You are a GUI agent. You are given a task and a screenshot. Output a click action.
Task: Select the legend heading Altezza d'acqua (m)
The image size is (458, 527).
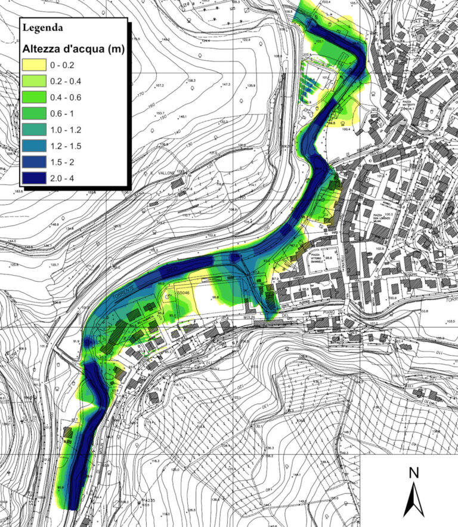click(x=72, y=50)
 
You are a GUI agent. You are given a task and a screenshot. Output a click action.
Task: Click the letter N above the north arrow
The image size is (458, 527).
click(x=413, y=473)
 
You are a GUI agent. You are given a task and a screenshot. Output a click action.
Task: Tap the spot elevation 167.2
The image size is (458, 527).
click(x=160, y=86)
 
